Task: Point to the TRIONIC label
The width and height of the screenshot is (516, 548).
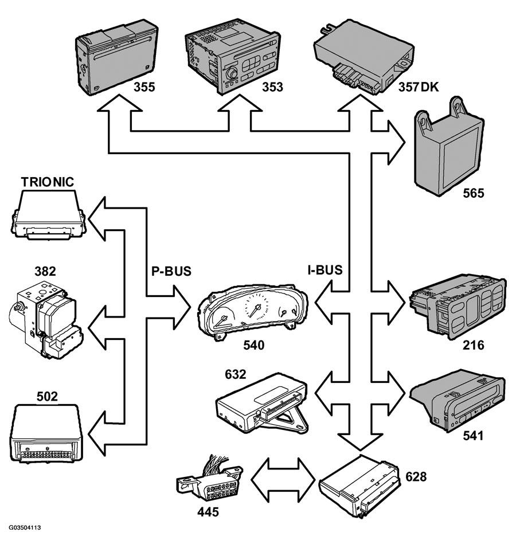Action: [x=48, y=182]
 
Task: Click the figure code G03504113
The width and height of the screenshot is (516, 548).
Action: [x=25, y=526]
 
